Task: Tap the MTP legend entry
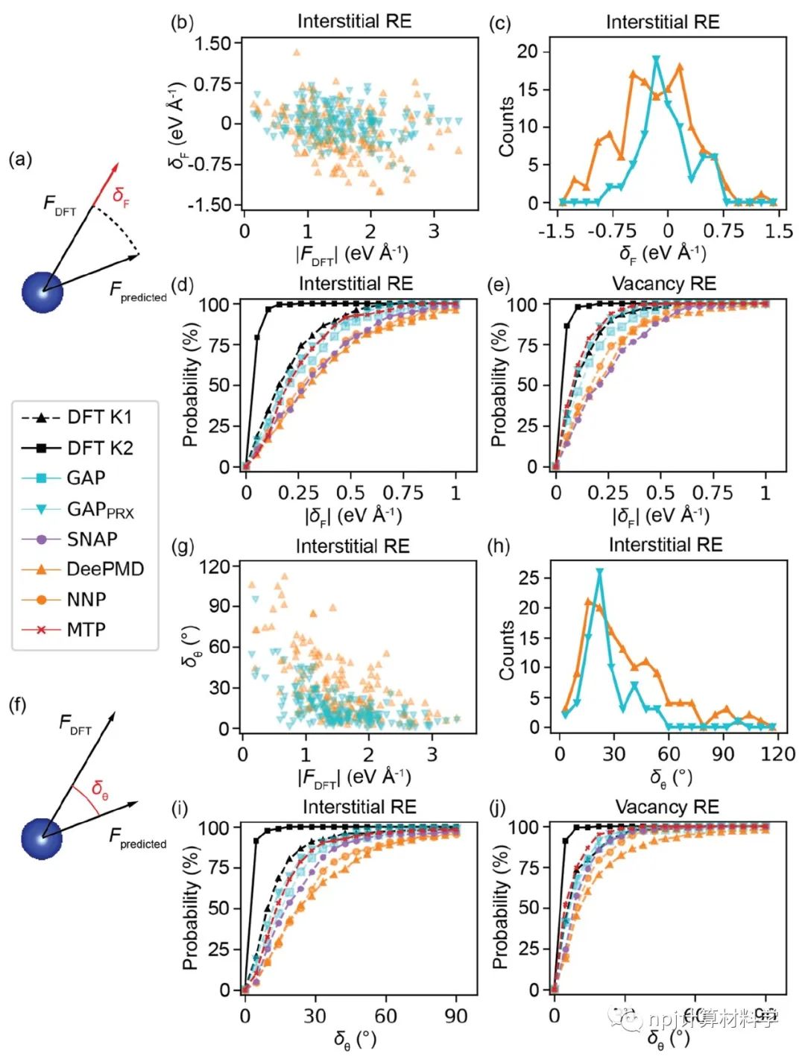[x=86, y=630]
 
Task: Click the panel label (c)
[x=499, y=23]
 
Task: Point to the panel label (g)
[x=183, y=546]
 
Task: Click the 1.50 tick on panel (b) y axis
[x=212, y=43]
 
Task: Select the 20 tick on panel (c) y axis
[x=528, y=51]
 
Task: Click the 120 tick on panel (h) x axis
[x=777, y=753]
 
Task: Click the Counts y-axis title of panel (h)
[x=507, y=650]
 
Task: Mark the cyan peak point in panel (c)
[x=656, y=59]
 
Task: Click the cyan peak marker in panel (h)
[x=599, y=572]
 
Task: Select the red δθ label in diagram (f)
[x=100, y=788]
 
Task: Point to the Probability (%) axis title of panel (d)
[x=191, y=385]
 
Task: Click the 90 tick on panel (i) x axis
[x=455, y=1016]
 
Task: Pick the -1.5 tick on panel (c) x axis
[x=556, y=231]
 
